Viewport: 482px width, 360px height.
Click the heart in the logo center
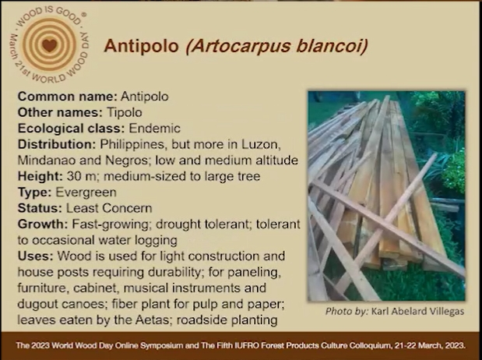(x=49, y=44)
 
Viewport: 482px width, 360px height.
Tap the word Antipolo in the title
(x=142, y=46)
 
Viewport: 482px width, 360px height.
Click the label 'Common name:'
(x=68, y=97)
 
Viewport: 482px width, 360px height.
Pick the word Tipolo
(x=125, y=113)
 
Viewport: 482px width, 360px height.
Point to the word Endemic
(x=155, y=129)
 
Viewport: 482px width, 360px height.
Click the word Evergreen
(x=86, y=192)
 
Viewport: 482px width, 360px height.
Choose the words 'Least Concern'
(x=109, y=208)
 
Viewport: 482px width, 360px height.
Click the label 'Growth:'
(x=43, y=224)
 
